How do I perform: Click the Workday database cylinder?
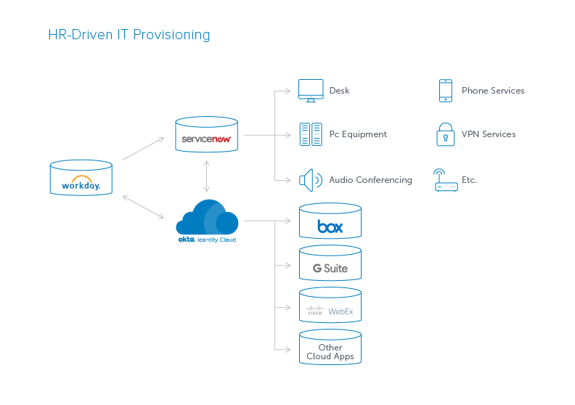pos(81,178)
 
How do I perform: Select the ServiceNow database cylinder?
pos(207,135)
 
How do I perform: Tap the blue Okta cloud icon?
pos(208,218)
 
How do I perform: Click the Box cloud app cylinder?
pos(330,221)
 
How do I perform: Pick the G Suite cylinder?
pos(330,263)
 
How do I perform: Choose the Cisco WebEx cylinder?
pos(330,306)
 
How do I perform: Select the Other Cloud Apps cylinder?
pos(330,348)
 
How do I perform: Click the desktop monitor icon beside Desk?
pos(311,91)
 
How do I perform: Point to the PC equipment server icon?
pos(311,134)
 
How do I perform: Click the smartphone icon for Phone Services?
pos(445,91)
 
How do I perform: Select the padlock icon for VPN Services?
pos(445,134)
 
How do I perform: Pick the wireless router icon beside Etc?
pos(446,180)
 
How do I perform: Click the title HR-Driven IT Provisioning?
pos(129,35)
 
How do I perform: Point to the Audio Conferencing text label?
pos(370,180)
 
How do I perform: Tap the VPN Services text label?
pos(489,134)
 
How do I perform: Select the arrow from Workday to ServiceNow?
pos(144,148)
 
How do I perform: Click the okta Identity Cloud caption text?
pos(207,239)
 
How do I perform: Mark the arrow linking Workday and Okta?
pos(144,206)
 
